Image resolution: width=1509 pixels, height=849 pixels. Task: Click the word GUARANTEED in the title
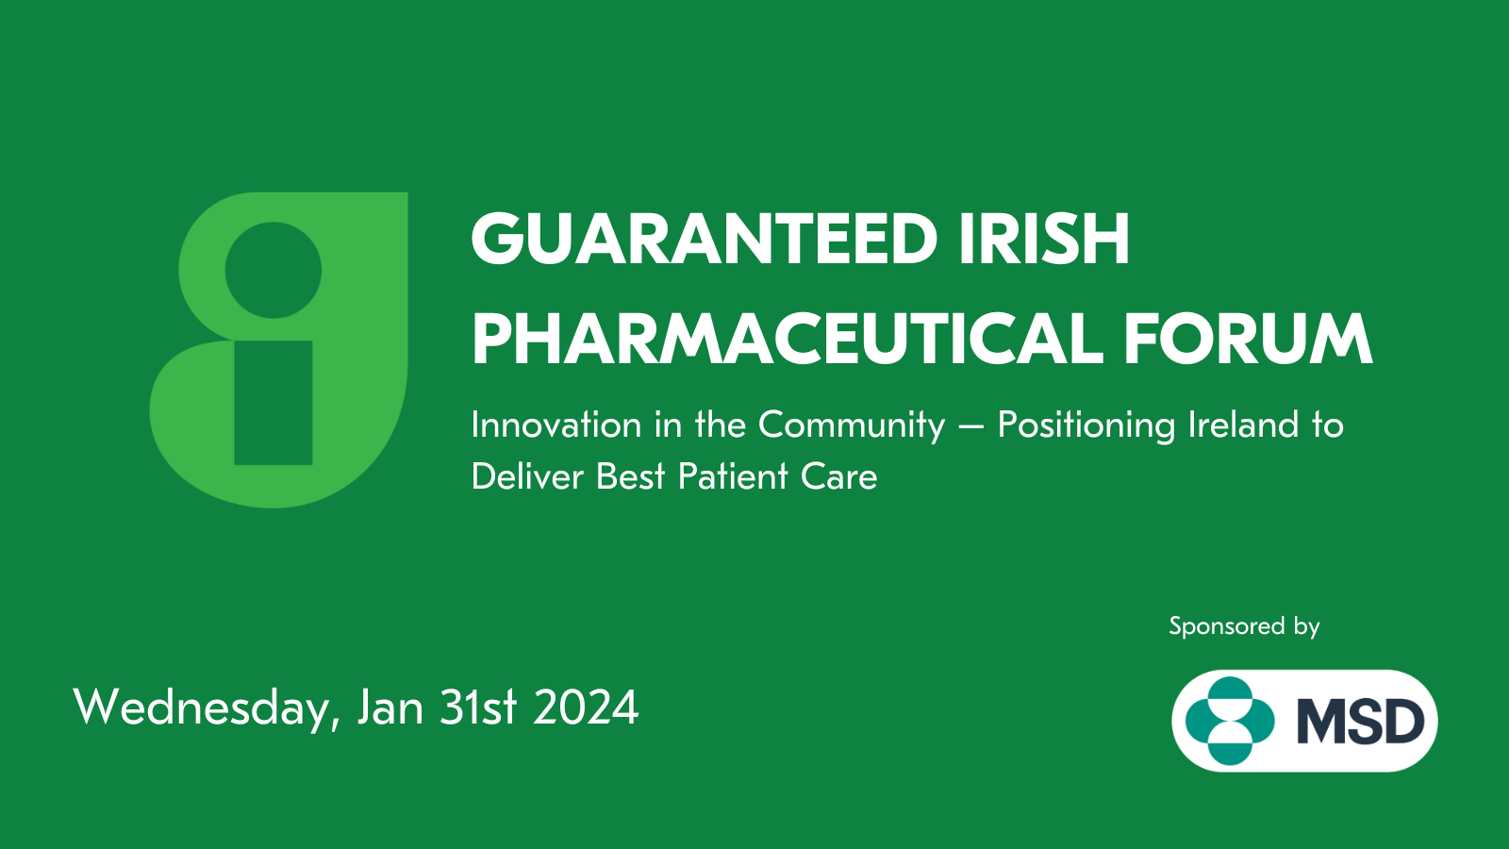pyautogui.click(x=705, y=240)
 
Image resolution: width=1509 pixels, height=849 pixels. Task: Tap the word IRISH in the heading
pyautogui.click(x=1044, y=240)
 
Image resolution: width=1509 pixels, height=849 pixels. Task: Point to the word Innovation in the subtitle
pyautogui.click(x=556, y=425)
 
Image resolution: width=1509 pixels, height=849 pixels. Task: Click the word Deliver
pyautogui.click(x=527, y=477)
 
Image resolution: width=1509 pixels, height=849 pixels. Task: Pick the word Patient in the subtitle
pyautogui.click(x=733, y=477)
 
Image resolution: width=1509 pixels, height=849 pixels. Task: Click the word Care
pyautogui.click(x=839, y=477)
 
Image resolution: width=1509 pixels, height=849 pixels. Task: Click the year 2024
pyautogui.click(x=586, y=708)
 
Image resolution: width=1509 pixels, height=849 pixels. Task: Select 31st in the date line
pyautogui.click(x=478, y=708)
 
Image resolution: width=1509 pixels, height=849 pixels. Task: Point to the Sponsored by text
pyautogui.click(x=1244, y=627)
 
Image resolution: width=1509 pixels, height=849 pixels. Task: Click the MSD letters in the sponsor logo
pyautogui.click(x=1361, y=721)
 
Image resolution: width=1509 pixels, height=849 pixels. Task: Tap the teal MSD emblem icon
pyautogui.click(x=1230, y=721)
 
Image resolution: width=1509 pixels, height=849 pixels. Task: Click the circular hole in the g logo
pyautogui.click(x=273, y=270)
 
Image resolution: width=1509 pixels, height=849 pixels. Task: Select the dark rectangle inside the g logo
pyautogui.click(x=273, y=402)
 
